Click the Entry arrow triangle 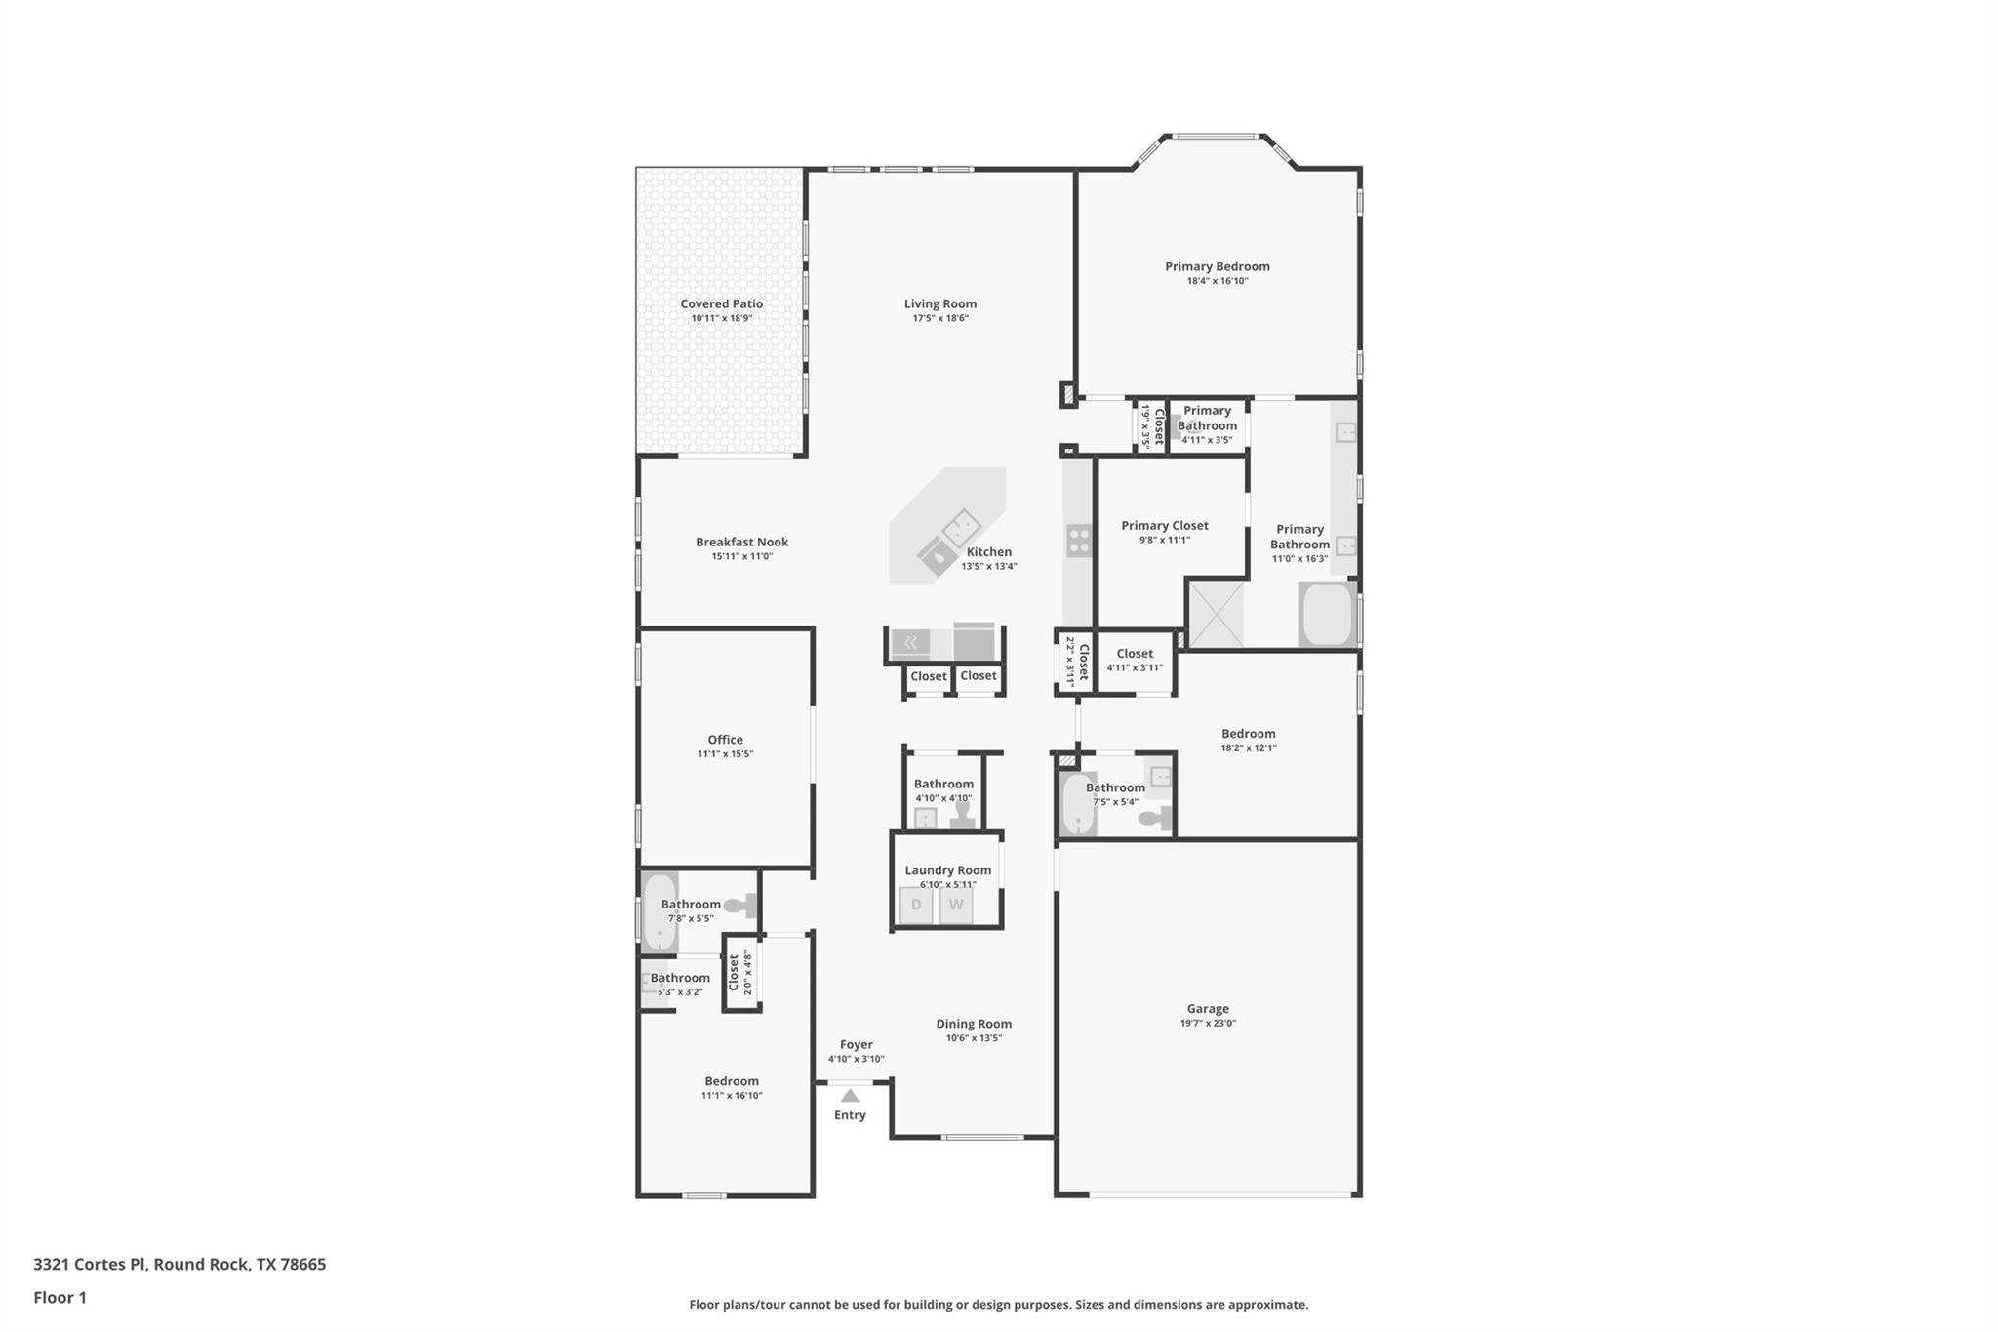tap(850, 1096)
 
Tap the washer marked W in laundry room tap(956, 905)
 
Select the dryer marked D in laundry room tap(916, 905)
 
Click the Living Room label tap(939, 303)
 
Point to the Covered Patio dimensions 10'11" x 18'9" tap(722, 318)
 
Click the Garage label tap(1208, 1009)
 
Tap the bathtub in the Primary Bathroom tap(1327, 615)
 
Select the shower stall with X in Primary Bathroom tap(1217, 614)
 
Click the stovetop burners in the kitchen tap(1079, 541)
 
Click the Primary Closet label tap(1164, 525)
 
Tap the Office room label tap(725, 740)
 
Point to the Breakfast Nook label tap(741, 542)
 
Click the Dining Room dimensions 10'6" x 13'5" tap(974, 1038)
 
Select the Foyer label tap(856, 1044)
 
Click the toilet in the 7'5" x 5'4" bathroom tap(1156, 818)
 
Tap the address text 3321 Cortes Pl tap(90, 1264)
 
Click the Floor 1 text tap(60, 1297)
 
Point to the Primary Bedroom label tap(1217, 266)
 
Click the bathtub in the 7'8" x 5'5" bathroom tap(659, 912)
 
